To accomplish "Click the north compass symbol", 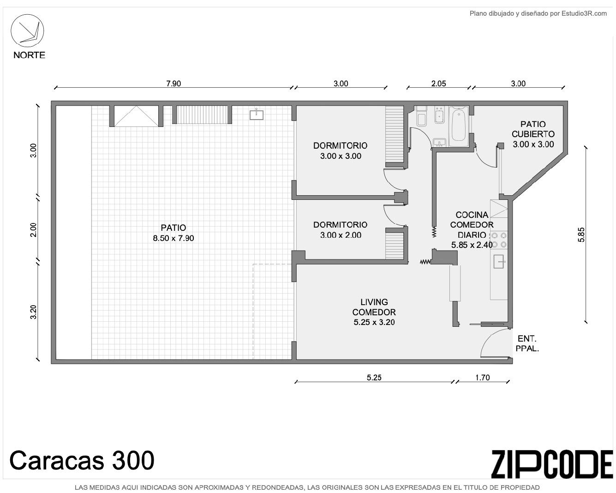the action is point(27,30).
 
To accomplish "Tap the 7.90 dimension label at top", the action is point(173,84).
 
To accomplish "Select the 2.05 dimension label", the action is point(438,84).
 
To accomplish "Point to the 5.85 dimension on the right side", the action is point(581,234).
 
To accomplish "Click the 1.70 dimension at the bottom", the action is point(483,377).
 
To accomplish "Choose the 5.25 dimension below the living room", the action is point(374,377).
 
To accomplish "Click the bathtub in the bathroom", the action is point(459,126).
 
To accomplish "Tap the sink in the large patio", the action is point(257,114).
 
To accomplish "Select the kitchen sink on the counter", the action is point(498,261).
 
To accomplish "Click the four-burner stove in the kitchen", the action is point(499,240).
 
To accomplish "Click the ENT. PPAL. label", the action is point(527,343).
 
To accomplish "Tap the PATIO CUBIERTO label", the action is point(533,129).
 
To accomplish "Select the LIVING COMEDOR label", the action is point(374,307).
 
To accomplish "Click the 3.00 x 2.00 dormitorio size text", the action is point(341,235).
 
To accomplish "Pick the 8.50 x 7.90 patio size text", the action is point(173,238).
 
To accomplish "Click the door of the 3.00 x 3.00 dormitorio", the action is point(394,180).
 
